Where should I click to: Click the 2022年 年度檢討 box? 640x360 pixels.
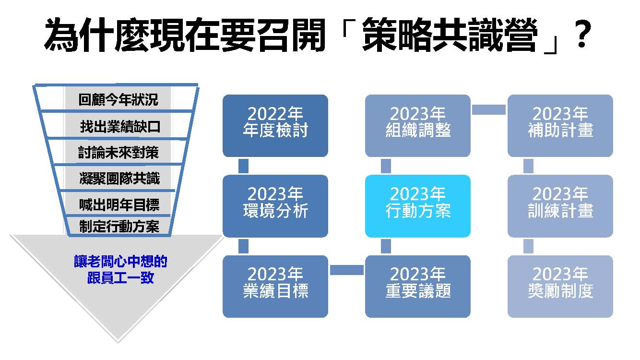275,126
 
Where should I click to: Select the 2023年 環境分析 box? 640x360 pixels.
275,206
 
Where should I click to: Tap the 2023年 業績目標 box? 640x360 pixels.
275,287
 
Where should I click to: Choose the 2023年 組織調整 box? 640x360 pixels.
418,126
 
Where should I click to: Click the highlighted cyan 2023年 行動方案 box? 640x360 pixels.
418,206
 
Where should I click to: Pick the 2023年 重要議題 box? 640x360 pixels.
418,287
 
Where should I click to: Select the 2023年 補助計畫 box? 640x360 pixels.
560,126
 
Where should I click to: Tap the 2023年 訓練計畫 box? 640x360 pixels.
560,206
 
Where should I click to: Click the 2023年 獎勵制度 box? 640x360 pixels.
560,287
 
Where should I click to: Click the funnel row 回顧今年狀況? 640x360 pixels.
118,99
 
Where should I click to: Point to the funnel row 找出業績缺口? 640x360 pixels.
120,126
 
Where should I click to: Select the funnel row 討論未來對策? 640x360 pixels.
119,152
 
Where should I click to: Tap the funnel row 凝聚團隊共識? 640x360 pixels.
119,178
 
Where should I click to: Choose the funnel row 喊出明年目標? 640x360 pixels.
119,204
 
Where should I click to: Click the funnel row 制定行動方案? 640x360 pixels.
119,227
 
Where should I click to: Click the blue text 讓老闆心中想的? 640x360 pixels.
120,261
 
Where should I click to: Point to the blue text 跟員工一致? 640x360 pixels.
120,277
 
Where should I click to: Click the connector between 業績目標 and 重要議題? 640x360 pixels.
346,270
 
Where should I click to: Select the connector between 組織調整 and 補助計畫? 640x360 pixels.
489,109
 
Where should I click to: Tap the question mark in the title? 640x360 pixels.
582,34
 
